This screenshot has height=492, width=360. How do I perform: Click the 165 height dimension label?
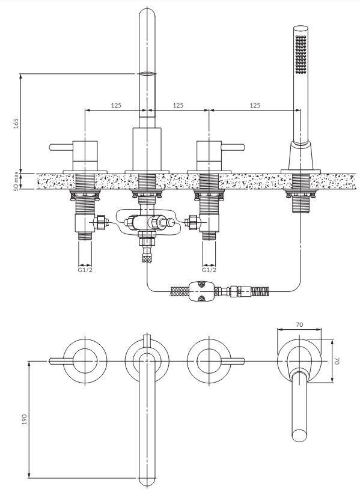(16, 123)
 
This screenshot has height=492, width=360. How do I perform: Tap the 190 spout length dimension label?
(25, 419)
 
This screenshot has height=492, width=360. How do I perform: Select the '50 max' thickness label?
(16, 181)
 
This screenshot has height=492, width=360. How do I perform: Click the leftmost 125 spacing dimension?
(116, 106)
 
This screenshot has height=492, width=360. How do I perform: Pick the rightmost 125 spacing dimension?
(255, 106)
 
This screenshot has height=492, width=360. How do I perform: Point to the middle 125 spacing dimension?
(178, 106)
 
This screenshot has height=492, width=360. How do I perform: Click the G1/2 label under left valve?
(85, 270)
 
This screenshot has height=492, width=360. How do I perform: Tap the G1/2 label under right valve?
(209, 270)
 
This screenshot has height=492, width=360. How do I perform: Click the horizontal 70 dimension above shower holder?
(299, 325)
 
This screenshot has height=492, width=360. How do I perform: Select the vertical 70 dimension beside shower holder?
(337, 361)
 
